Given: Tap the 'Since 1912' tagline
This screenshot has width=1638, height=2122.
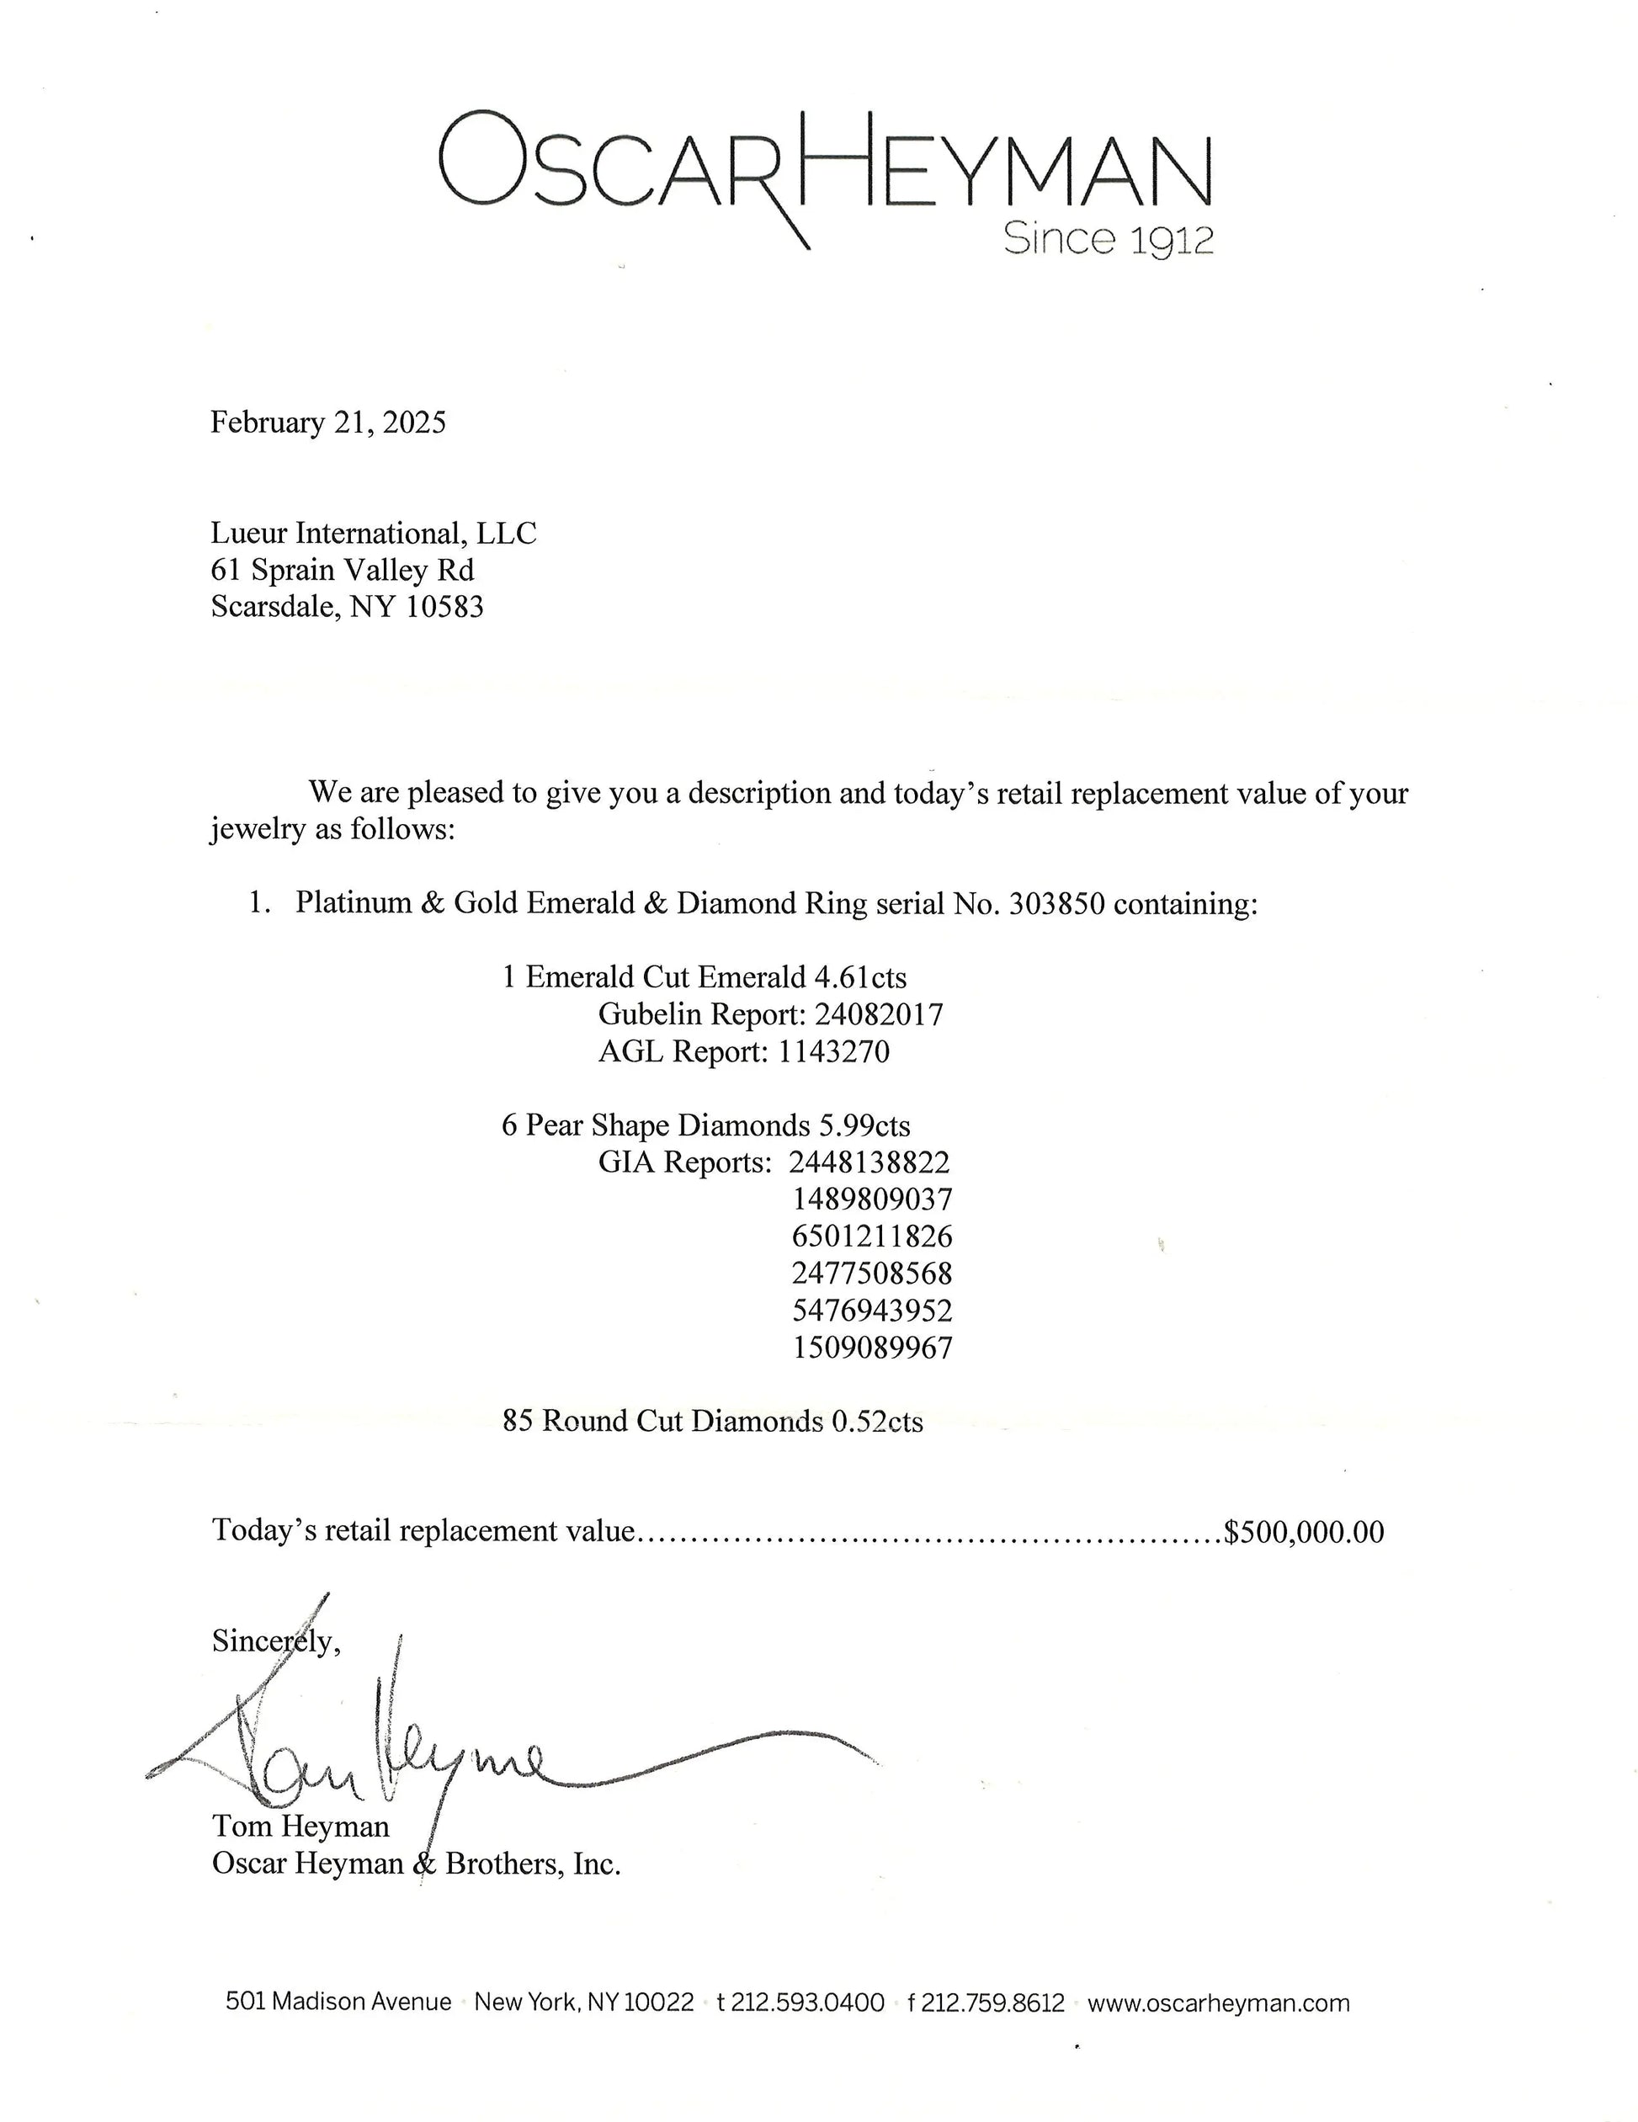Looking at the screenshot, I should click(1109, 239).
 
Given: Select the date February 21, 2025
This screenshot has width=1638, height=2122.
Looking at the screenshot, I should click(328, 423).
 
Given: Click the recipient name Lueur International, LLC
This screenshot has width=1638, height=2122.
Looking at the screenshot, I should click(373, 534).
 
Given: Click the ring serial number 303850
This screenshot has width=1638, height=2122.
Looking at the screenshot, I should click(1056, 905).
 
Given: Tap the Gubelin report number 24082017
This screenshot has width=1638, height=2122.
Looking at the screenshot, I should click(878, 1014).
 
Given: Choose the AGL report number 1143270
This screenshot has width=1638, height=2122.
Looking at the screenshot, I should click(833, 1051).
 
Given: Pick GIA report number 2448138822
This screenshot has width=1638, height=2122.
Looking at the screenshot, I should click(870, 1162).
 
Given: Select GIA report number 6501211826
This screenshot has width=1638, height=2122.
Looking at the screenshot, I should click(872, 1237).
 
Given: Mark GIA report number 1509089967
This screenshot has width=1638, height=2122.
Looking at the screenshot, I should click(872, 1348).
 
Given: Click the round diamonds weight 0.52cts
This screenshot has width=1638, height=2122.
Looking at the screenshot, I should click(876, 1422).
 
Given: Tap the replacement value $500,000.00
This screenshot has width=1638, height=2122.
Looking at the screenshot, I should click(1304, 1532).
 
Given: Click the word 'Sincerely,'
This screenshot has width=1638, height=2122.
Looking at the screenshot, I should click(276, 1641).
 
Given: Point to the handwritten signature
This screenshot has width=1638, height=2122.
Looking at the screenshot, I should click(486, 1749).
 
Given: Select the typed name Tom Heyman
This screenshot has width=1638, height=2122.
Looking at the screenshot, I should click(300, 1826).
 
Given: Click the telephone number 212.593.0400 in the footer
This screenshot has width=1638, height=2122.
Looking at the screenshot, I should click(806, 2002).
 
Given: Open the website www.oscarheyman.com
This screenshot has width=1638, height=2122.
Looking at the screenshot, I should click(1218, 2002).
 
